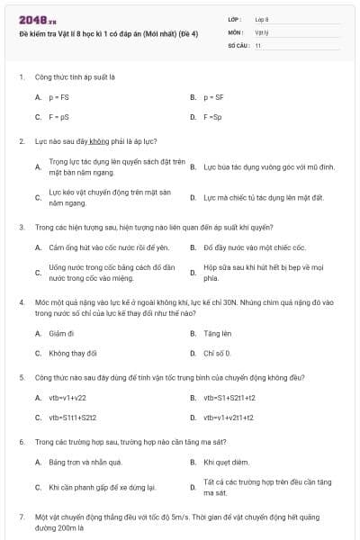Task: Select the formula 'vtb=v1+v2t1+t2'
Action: [229, 418]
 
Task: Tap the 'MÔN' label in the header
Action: [235, 31]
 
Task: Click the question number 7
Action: [21, 517]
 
